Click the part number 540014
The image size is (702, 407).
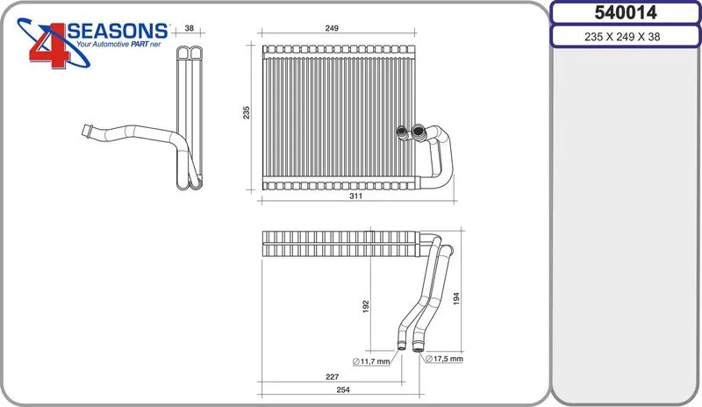[625, 12]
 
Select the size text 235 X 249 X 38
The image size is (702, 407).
[622, 37]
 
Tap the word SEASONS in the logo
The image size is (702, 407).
[118, 31]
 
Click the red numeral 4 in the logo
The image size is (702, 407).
[50, 46]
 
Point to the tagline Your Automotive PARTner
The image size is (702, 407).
[118, 45]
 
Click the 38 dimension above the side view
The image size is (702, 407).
[190, 28]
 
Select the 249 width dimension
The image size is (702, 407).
[332, 28]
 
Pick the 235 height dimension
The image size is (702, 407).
[247, 112]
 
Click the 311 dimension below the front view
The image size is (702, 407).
[356, 196]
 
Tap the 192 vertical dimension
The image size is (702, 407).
[366, 307]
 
